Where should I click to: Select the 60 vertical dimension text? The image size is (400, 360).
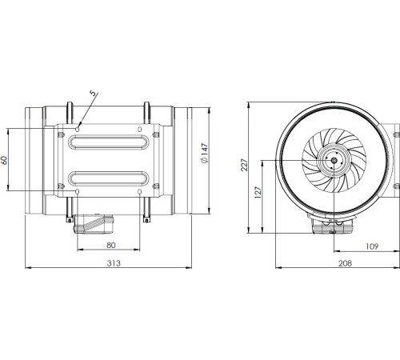click(x=7, y=160)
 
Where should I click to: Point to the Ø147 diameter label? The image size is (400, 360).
click(x=205, y=161)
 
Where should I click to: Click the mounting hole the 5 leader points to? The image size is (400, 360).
click(x=78, y=126)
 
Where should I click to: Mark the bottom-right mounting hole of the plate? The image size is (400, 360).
click(x=140, y=193)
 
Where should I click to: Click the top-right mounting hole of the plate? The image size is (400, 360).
click(x=140, y=126)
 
